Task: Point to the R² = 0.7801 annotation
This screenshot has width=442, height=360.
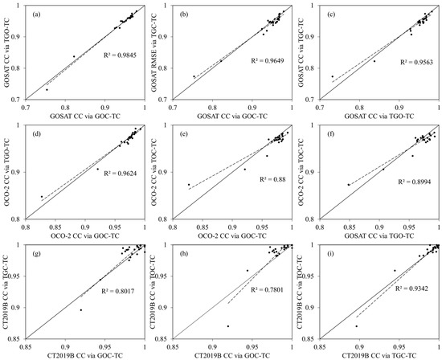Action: click(256, 292)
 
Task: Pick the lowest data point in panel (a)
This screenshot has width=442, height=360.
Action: click(47, 90)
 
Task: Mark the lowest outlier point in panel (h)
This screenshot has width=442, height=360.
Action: click(228, 326)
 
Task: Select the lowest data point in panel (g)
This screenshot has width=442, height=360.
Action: click(80, 310)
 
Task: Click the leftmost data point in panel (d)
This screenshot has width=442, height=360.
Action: click(42, 197)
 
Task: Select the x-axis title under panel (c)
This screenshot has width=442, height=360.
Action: click(383, 115)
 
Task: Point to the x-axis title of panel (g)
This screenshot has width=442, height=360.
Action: click(86, 354)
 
